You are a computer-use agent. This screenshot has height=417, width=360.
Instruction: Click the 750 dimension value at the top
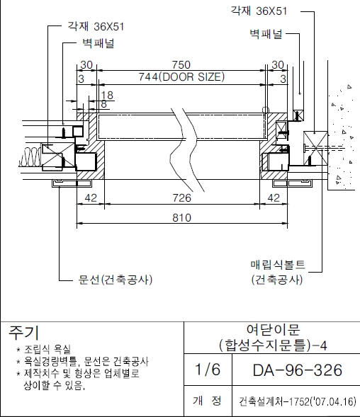(181, 64)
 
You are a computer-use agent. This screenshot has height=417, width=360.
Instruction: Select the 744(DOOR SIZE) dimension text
(181, 77)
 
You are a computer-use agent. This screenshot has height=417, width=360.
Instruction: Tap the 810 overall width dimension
(182, 218)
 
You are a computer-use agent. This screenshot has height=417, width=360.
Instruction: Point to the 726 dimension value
(182, 198)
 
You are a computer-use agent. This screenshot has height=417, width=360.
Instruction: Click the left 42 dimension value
(91, 198)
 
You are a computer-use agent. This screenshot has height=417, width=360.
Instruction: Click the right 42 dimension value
(274, 198)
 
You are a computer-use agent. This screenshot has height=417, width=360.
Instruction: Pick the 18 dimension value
(107, 95)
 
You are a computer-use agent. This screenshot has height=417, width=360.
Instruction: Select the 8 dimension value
(104, 104)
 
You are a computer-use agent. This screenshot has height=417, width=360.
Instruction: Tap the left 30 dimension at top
(86, 64)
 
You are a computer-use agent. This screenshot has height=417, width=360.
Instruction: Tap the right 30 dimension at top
(278, 64)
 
